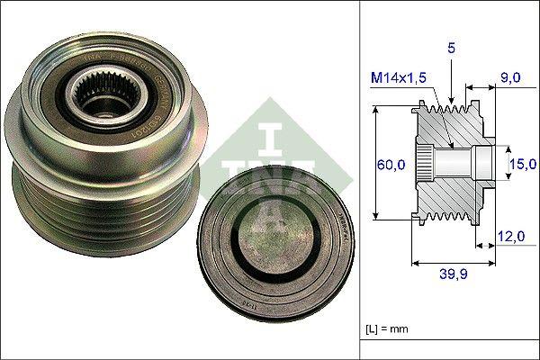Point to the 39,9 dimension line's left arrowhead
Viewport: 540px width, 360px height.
coord(414,264)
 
